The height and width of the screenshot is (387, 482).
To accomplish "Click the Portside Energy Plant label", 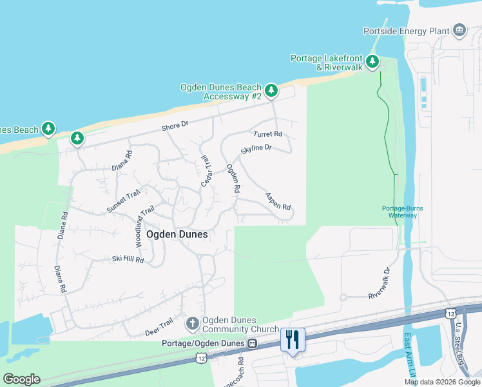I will [x=406, y=30].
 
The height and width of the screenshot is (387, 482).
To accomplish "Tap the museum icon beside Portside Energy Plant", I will [x=459, y=30].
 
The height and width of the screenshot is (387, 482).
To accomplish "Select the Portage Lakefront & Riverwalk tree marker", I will [x=372, y=62].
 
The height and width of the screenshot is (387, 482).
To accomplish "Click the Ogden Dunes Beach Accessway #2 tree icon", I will [x=271, y=90].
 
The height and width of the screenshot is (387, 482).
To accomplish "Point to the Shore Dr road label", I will [x=175, y=126].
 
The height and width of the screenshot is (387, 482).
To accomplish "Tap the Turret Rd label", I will [x=268, y=134].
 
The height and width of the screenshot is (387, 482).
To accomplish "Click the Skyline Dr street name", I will [x=256, y=148].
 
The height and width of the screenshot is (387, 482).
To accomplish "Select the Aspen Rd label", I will [x=278, y=201].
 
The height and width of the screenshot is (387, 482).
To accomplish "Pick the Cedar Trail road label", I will [x=206, y=172].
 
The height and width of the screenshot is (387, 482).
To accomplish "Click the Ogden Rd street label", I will [x=233, y=179].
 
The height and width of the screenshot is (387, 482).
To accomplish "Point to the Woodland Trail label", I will [x=145, y=226].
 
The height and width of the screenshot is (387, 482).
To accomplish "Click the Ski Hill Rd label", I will [x=128, y=260].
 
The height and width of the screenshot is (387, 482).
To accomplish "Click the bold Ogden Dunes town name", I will [x=177, y=234].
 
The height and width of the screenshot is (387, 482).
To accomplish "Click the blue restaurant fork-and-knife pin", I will [x=293, y=339].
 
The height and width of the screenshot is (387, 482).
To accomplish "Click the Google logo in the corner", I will [x=21, y=379].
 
